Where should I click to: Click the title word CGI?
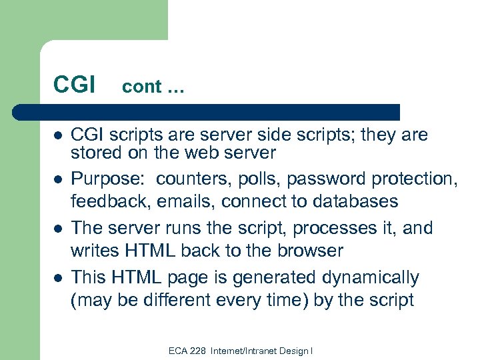(x=75, y=85)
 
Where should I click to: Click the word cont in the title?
(x=142, y=87)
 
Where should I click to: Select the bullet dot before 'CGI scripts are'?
(x=58, y=135)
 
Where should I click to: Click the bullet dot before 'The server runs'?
(x=58, y=229)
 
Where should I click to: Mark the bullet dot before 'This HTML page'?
(x=58, y=277)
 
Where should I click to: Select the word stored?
(x=95, y=153)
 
